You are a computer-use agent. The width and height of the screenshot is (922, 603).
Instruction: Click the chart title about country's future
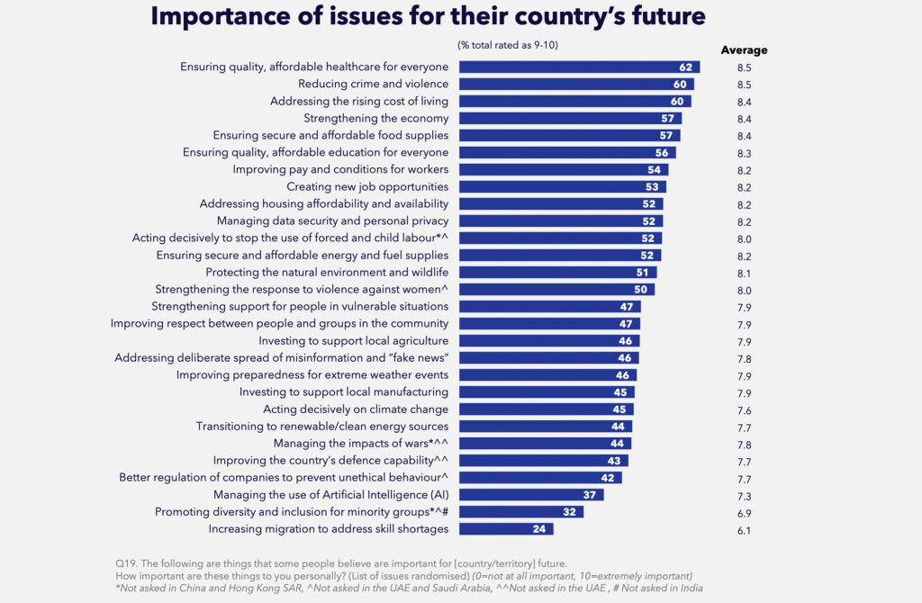[x=428, y=16]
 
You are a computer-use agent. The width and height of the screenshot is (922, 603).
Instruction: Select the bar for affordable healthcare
[x=579, y=67]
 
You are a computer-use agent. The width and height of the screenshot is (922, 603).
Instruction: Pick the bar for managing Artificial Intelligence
[x=531, y=495]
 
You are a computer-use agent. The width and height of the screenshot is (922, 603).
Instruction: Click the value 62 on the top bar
[x=686, y=67]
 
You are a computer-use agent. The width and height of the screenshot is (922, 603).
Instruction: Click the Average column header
[x=744, y=50]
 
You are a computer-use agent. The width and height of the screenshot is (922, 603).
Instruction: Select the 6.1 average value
[x=744, y=530]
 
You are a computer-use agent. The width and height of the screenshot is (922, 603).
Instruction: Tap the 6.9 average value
[x=744, y=513]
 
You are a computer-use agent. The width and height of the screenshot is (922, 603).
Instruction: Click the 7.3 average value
[x=744, y=496]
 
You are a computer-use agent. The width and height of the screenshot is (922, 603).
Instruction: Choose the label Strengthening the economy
[x=375, y=118]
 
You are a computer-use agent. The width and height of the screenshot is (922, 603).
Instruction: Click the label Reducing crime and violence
[x=373, y=84]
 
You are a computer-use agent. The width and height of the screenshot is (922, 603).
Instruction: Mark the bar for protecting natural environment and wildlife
[x=557, y=272]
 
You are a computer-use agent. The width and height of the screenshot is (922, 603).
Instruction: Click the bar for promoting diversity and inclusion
[x=521, y=512]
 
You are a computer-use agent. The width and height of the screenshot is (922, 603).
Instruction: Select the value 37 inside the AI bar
[x=591, y=495]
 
